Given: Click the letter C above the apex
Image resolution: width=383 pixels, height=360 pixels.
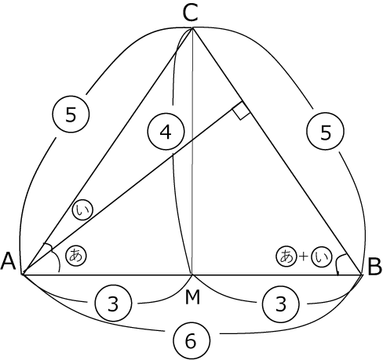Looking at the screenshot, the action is tap(190, 13).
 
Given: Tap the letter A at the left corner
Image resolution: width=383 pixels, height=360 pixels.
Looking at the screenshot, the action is tap(9, 261).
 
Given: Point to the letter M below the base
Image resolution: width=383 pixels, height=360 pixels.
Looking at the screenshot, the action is tap(192, 298).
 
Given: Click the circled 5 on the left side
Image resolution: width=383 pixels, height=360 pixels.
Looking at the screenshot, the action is tap(71, 115).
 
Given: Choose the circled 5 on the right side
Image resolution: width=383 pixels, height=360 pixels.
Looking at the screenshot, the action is tap(326, 132).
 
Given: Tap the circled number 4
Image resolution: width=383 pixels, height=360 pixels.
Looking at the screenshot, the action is tap(166, 132).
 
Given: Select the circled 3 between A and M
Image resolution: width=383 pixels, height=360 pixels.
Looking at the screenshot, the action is tap(113, 304).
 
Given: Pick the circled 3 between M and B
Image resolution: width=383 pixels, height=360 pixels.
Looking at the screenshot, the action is tap(281, 304).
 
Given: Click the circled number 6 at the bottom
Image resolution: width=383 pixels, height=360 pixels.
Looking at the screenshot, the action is tap(191, 340).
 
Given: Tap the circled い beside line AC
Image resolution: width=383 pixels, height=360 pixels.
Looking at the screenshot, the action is tap(82, 210).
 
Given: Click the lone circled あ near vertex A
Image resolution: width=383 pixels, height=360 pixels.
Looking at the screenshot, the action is tap(76, 256).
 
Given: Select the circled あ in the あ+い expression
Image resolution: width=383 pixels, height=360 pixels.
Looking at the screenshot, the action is tap(286, 256).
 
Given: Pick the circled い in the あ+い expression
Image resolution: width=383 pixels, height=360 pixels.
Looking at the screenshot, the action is tap(322, 256).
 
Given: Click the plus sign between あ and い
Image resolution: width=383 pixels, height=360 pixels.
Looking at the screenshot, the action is tap(304, 256).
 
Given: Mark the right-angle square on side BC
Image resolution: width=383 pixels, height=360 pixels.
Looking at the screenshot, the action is tap(241, 111).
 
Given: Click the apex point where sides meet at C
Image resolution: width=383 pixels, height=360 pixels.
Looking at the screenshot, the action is tap(192, 27).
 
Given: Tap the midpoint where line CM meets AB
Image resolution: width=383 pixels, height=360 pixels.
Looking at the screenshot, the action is tap(192, 275).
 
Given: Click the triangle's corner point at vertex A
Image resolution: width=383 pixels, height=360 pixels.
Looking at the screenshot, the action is tap(24, 275).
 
